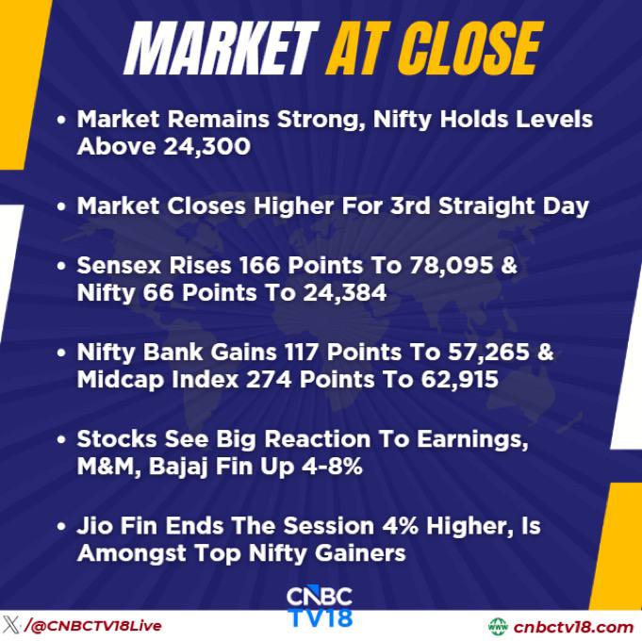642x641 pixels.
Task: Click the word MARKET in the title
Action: pos(221,48)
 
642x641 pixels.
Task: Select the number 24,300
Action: pos(206,146)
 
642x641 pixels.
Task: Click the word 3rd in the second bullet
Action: pos(410,205)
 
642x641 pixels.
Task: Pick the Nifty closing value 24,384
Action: pos(345,293)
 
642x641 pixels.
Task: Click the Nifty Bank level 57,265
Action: pos(488,352)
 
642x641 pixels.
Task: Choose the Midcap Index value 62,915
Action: pos(460,380)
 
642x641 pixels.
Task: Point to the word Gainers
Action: pos(360,553)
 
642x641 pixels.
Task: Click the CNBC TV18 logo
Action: pos(320,607)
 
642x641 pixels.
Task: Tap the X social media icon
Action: pos(11,625)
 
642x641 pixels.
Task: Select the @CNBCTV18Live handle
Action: pos(93,625)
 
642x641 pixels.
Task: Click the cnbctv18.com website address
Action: pos(573,627)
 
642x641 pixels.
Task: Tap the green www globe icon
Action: pos(498,627)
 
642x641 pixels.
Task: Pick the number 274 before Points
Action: pos(268,380)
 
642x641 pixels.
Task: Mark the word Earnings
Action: pos(472,440)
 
